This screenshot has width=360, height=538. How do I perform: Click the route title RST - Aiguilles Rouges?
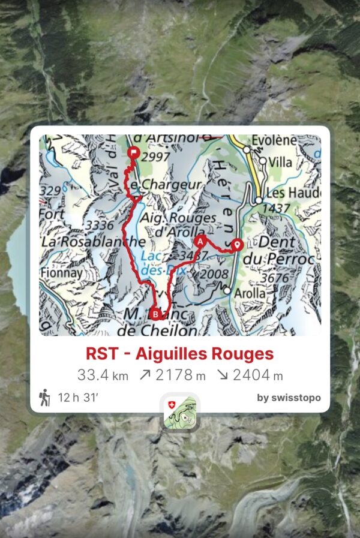(x=179, y=354)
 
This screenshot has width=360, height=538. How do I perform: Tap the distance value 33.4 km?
(x=103, y=375)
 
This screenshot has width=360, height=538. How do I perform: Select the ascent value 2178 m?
(x=171, y=375)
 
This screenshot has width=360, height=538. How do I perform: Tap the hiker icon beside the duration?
(x=45, y=397)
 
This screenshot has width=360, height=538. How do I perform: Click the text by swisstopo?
(x=289, y=398)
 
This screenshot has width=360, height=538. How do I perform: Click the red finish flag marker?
(x=133, y=154)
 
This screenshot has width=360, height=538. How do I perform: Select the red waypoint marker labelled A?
(x=200, y=241)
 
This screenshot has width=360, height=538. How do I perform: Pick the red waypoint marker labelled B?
(x=156, y=314)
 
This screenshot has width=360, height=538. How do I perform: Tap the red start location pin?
(x=237, y=244)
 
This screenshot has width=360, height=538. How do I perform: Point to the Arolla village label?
(x=250, y=293)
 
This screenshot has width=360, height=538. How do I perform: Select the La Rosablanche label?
(x=92, y=242)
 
